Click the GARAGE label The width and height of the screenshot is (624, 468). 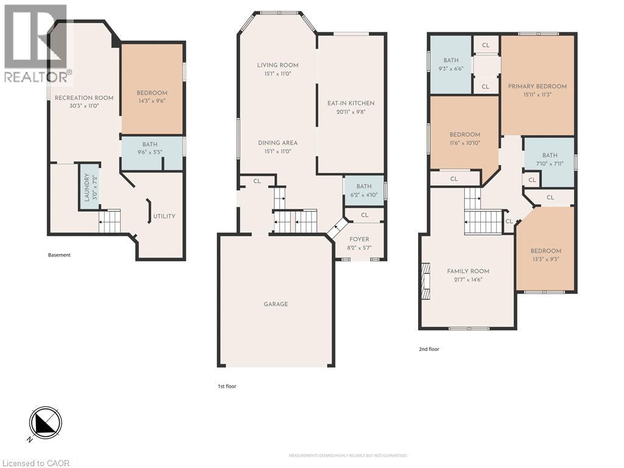click(275, 304)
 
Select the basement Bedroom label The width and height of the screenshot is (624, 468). click(152, 93)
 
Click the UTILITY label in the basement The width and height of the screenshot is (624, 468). click(164, 216)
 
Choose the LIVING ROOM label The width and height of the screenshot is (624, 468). click(277, 65)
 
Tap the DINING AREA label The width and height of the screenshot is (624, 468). click(277, 143)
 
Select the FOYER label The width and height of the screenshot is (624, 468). click(359, 239)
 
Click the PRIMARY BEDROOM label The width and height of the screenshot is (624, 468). click(537, 87)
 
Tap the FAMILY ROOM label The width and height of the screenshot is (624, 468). click(468, 271)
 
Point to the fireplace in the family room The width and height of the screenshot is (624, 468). click(425, 281)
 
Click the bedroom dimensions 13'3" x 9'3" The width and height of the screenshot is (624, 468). click(545, 259)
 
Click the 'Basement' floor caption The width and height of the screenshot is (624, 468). click(59, 255)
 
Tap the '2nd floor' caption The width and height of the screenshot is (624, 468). click(429, 349)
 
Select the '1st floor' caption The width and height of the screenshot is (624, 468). click(227, 386)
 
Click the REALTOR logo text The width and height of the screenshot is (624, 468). click(37, 77)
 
